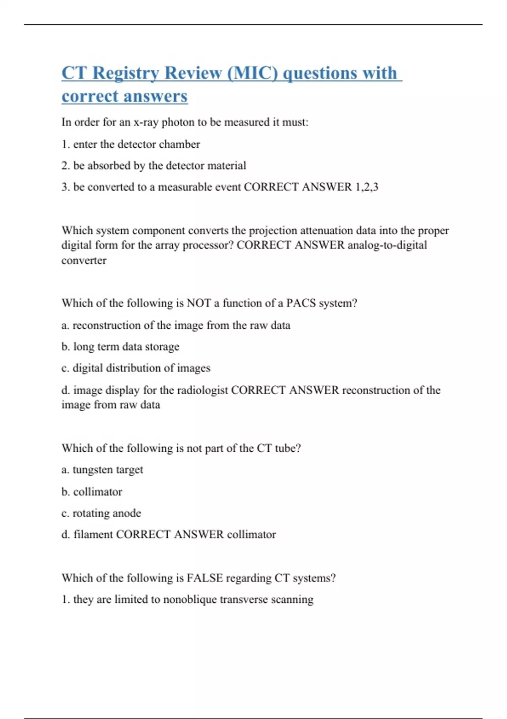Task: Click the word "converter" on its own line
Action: coord(84,261)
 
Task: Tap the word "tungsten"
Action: coord(94,470)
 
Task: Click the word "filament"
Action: coord(93,535)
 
